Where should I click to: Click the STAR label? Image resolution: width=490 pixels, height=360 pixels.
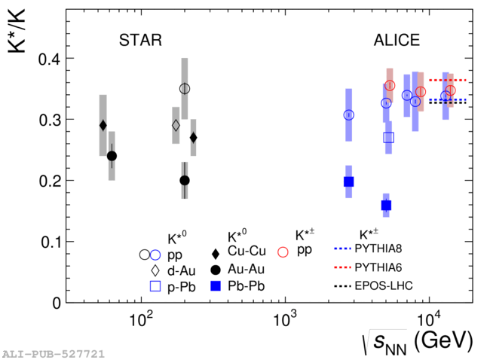coord(140,40)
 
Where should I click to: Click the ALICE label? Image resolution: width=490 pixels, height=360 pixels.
coord(397,40)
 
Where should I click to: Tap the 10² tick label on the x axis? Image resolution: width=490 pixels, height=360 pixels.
coord(142,319)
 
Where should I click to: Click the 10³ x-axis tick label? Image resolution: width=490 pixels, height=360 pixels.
coord(286,319)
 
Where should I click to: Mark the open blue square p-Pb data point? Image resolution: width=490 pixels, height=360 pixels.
coord(388,137)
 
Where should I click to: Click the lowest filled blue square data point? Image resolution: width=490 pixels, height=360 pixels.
coord(386,206)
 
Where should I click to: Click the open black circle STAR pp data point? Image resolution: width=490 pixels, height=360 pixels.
coord(185,89)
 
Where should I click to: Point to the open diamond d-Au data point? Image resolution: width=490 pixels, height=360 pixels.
coord(176,125)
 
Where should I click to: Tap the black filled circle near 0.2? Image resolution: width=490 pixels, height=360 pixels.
coord(185,181)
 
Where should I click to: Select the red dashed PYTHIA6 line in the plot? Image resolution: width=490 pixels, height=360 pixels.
coord(448,81)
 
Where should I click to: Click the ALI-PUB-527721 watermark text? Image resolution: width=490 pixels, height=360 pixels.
coord(53,353)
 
